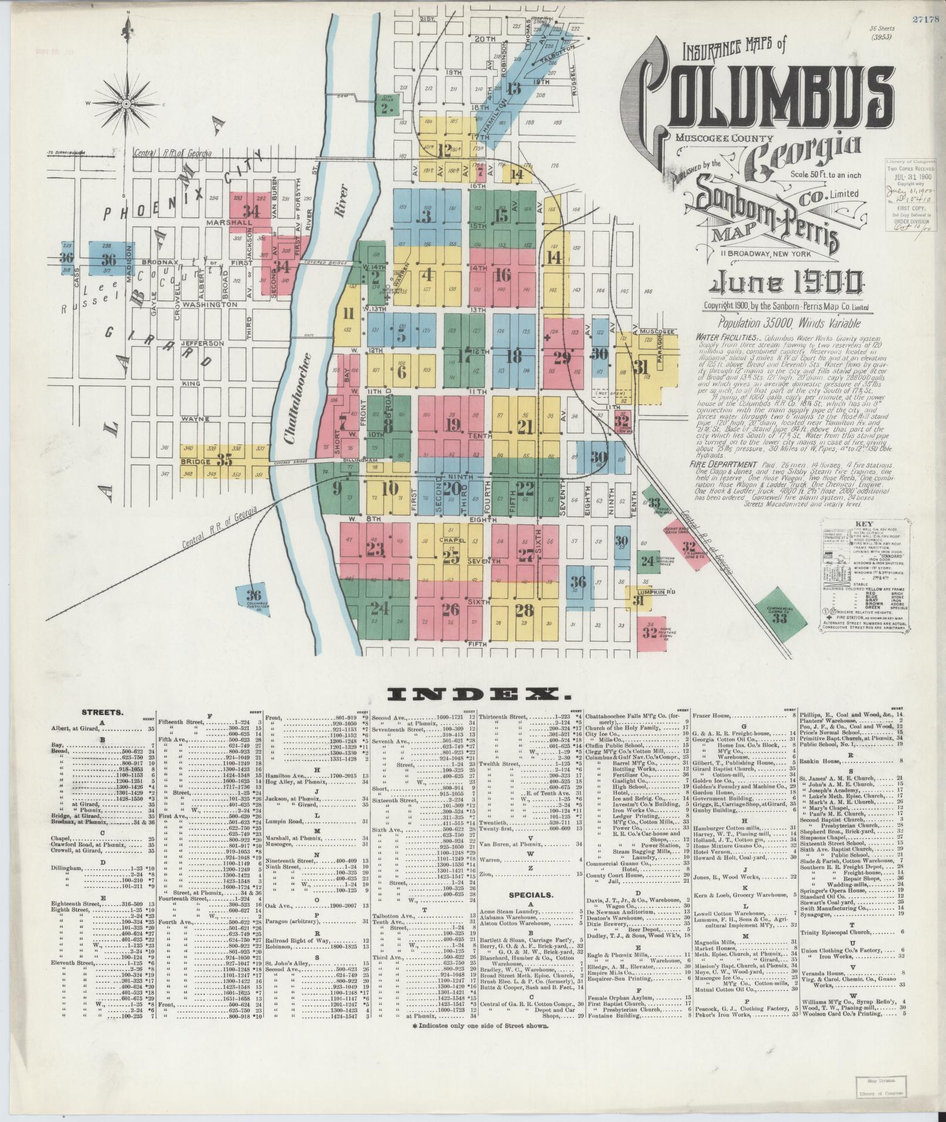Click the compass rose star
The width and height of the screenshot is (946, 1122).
pos(127,103)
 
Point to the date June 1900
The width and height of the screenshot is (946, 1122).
pos(786,285)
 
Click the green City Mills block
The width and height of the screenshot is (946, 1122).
pos(386,104)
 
